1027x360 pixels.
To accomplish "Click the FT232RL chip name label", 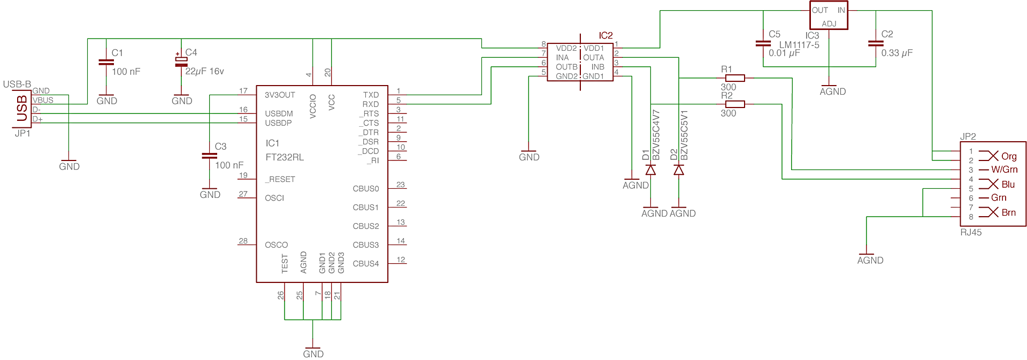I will tap(285, 157).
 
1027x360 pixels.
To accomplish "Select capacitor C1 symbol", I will tap(106, 62).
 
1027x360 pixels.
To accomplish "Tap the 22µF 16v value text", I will tap(204, 71).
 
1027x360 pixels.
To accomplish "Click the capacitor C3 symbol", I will tap(209, 156).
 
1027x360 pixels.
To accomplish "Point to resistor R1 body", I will tap(735, 78).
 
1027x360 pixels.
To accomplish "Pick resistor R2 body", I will tap(735, 104).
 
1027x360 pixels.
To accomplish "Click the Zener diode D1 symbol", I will tap(650, 170).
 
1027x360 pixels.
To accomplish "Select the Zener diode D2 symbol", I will tap(679, 170).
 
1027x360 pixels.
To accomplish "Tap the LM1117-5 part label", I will tap(799, 45).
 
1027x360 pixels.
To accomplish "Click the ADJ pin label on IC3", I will tap(829, 24).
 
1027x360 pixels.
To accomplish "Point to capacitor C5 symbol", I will tap(763, 43).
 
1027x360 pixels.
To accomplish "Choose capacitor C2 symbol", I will tap(876, 43).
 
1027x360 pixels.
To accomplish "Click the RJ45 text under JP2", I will tap(971, 232).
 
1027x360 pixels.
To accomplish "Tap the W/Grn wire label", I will tap(1004, 170).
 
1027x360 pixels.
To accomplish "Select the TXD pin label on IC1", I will tap(371, 95).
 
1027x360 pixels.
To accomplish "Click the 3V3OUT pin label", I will tap(280, 95).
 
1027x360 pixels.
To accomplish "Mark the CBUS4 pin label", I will tap(365, 264).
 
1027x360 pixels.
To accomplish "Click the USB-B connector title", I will tap(17, 85).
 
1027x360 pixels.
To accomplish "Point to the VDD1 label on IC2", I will tap(594, 48).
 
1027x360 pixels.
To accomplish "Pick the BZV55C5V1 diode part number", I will tap(684, 135).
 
